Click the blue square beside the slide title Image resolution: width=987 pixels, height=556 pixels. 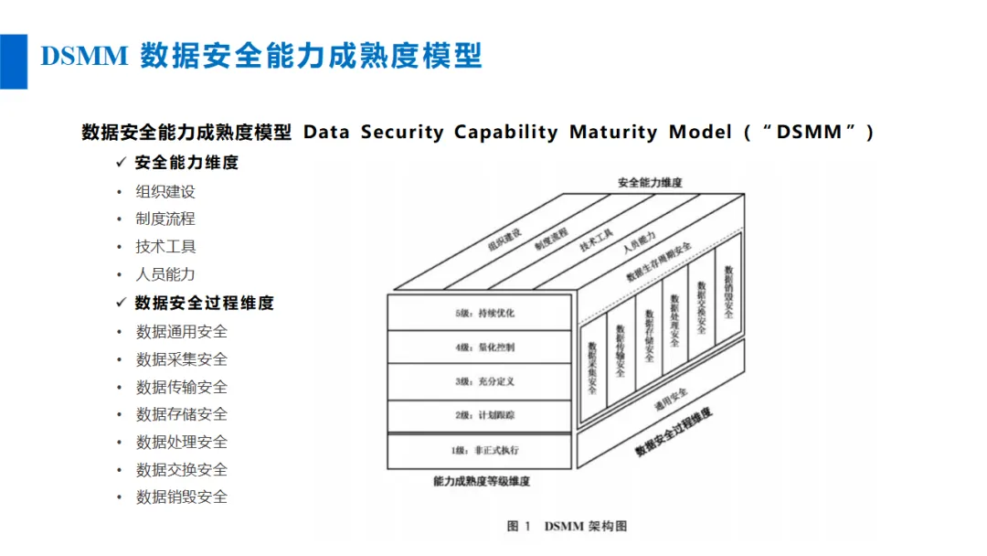coord(13,61)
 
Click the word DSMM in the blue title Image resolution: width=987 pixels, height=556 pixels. coord(84,56)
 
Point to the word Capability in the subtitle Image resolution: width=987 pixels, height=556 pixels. coord(505,133)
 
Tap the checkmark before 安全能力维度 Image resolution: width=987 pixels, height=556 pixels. coord(122,163)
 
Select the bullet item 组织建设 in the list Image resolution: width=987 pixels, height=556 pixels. coord(165,191)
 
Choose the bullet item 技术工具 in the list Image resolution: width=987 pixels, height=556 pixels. coord(165,247)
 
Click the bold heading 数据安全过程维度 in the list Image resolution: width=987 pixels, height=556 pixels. coord(205,303)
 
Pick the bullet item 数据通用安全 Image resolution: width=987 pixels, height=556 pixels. coord(181,332)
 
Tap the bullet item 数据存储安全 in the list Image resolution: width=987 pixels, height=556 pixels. coord(181,414)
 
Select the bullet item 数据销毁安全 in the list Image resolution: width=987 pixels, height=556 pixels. coord(181,497)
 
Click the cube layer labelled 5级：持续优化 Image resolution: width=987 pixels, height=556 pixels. coord(480,313)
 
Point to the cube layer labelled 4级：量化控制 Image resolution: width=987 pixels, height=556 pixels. coord(480,347)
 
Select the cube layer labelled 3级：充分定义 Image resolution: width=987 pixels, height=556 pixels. coord(480,381)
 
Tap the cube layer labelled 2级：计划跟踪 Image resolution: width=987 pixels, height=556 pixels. coord(480,415)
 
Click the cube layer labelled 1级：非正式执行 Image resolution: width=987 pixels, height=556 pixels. coord(480,451)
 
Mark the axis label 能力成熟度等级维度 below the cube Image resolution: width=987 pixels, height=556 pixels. coord(482,482)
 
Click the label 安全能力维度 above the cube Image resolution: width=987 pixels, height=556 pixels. coord(650,183)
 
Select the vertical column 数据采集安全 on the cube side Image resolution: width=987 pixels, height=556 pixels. coord(592,370)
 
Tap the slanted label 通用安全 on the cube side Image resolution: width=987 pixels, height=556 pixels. coord(671,400)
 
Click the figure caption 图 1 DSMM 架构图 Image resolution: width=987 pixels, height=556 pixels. coord(567,527)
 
